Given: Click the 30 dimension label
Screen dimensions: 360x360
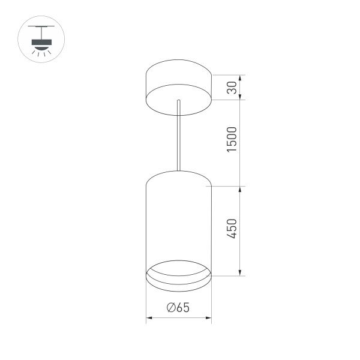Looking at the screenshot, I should [x=233, y=88].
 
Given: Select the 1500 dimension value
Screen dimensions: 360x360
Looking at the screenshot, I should [x=233, y=139].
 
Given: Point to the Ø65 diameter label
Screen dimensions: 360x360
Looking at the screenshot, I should [x=179, y=308].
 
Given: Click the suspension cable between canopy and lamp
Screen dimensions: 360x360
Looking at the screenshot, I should [x=178, y=135].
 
